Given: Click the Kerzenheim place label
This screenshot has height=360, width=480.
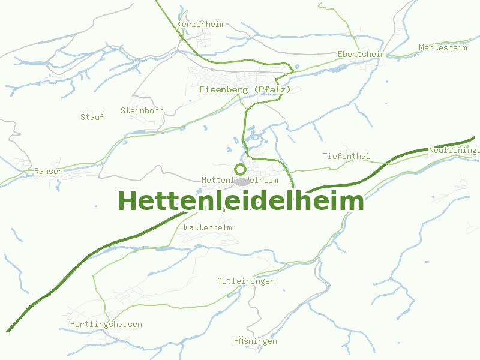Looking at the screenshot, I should tap(200, 25).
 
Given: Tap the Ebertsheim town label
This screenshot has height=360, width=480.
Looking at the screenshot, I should tap(361, 54).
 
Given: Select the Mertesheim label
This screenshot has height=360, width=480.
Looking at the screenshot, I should tap(443, 47).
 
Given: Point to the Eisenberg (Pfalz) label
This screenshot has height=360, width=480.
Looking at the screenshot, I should tap(245, 89).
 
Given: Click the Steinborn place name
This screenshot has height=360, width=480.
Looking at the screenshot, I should tap(142, 110).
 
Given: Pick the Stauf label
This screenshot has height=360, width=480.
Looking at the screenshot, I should tap(92, 117).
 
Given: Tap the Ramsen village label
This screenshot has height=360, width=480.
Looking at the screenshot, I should tap(48, 171).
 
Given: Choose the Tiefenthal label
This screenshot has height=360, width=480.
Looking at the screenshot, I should tap(346, 156).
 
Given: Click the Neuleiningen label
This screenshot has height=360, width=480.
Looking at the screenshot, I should tap(454, 150).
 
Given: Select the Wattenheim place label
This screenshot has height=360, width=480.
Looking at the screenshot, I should tap(208, 227).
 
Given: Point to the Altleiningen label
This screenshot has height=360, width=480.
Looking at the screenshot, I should tap(246, 281).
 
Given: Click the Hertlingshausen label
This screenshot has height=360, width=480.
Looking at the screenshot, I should tap(106, 324).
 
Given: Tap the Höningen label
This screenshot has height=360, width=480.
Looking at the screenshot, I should tap(256, 341).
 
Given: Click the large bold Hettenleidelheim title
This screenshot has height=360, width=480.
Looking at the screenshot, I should tap(241, 201).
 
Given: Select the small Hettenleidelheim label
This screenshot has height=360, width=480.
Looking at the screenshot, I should tap(240, 180).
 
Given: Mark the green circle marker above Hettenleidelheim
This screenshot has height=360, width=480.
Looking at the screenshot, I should tap(241, 169).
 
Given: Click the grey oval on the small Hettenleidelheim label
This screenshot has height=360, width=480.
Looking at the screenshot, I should tap(242, 181).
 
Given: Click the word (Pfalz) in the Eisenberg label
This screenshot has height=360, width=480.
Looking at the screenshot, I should tap(272, 89).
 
